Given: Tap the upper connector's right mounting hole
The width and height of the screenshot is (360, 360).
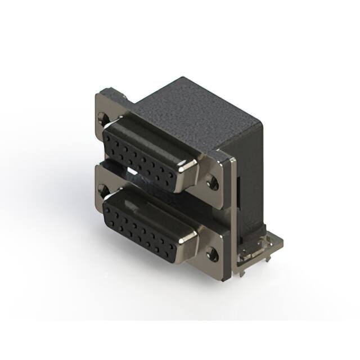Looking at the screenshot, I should [212, 182].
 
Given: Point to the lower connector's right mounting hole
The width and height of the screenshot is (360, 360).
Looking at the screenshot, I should [212, 253].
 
